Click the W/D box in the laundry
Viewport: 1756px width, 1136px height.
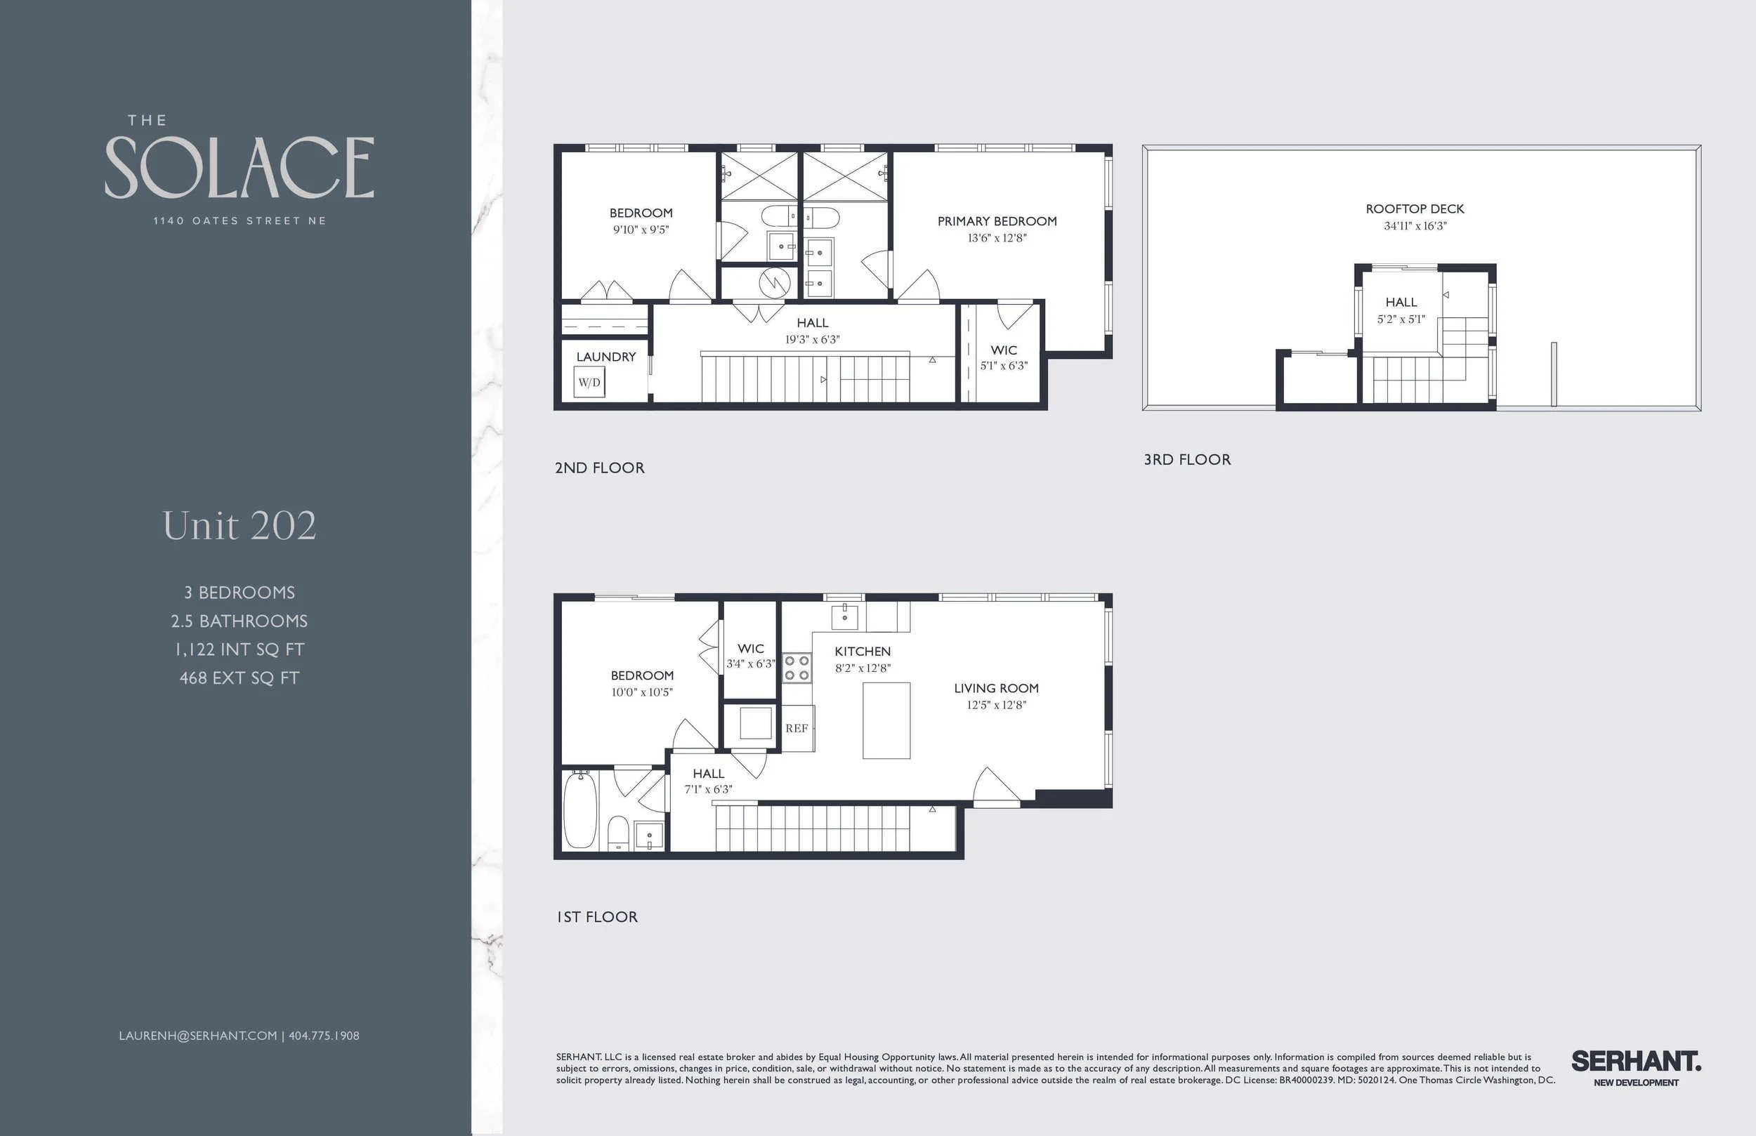(x=589, y=382)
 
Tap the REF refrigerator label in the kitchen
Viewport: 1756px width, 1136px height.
(x=797, y=728)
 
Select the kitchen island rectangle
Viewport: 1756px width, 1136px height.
(x=886, y=720)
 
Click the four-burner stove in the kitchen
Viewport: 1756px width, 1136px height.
(x=797, y=668)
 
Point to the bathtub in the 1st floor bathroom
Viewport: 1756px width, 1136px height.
(x=581, y=810)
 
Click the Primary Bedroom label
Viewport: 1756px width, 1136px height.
(x=997, y=221)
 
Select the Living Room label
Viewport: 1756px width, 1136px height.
(x=996, y=688)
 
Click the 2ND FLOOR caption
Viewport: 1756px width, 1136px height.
(x=600, y=468)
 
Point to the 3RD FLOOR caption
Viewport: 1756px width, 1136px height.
(x=1187, y=460)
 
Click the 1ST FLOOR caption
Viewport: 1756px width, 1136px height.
(x=597, y=917)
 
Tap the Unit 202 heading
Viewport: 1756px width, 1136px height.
(x=239, y=526)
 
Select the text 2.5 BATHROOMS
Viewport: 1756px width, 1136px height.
(x=239, y=621)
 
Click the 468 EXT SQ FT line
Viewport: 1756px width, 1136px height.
(x=239, y=678)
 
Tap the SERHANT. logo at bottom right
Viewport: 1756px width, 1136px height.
(x=1636, y=1062)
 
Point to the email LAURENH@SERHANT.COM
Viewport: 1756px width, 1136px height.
(x=198, y=1036)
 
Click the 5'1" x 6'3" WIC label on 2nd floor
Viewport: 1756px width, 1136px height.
(x=1004, y=366)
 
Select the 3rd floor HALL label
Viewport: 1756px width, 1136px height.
(x=1401, y=303)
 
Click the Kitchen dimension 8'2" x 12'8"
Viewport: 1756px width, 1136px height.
(x=863, y=668)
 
